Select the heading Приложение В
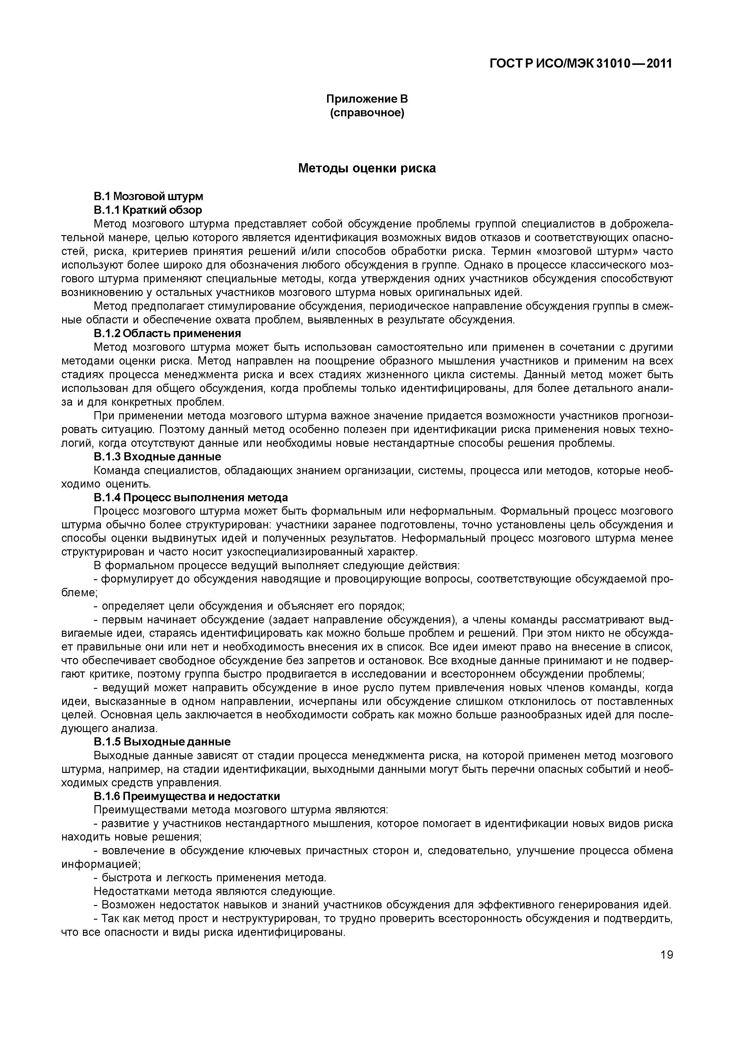(x=367, y=99)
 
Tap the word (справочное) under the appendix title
(x=367, y=112)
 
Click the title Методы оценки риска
(x=367, y=168)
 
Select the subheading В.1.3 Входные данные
(x=157, y=456)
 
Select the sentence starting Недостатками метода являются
(x=214, y=891)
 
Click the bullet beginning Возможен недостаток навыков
(x=382, y=905)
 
